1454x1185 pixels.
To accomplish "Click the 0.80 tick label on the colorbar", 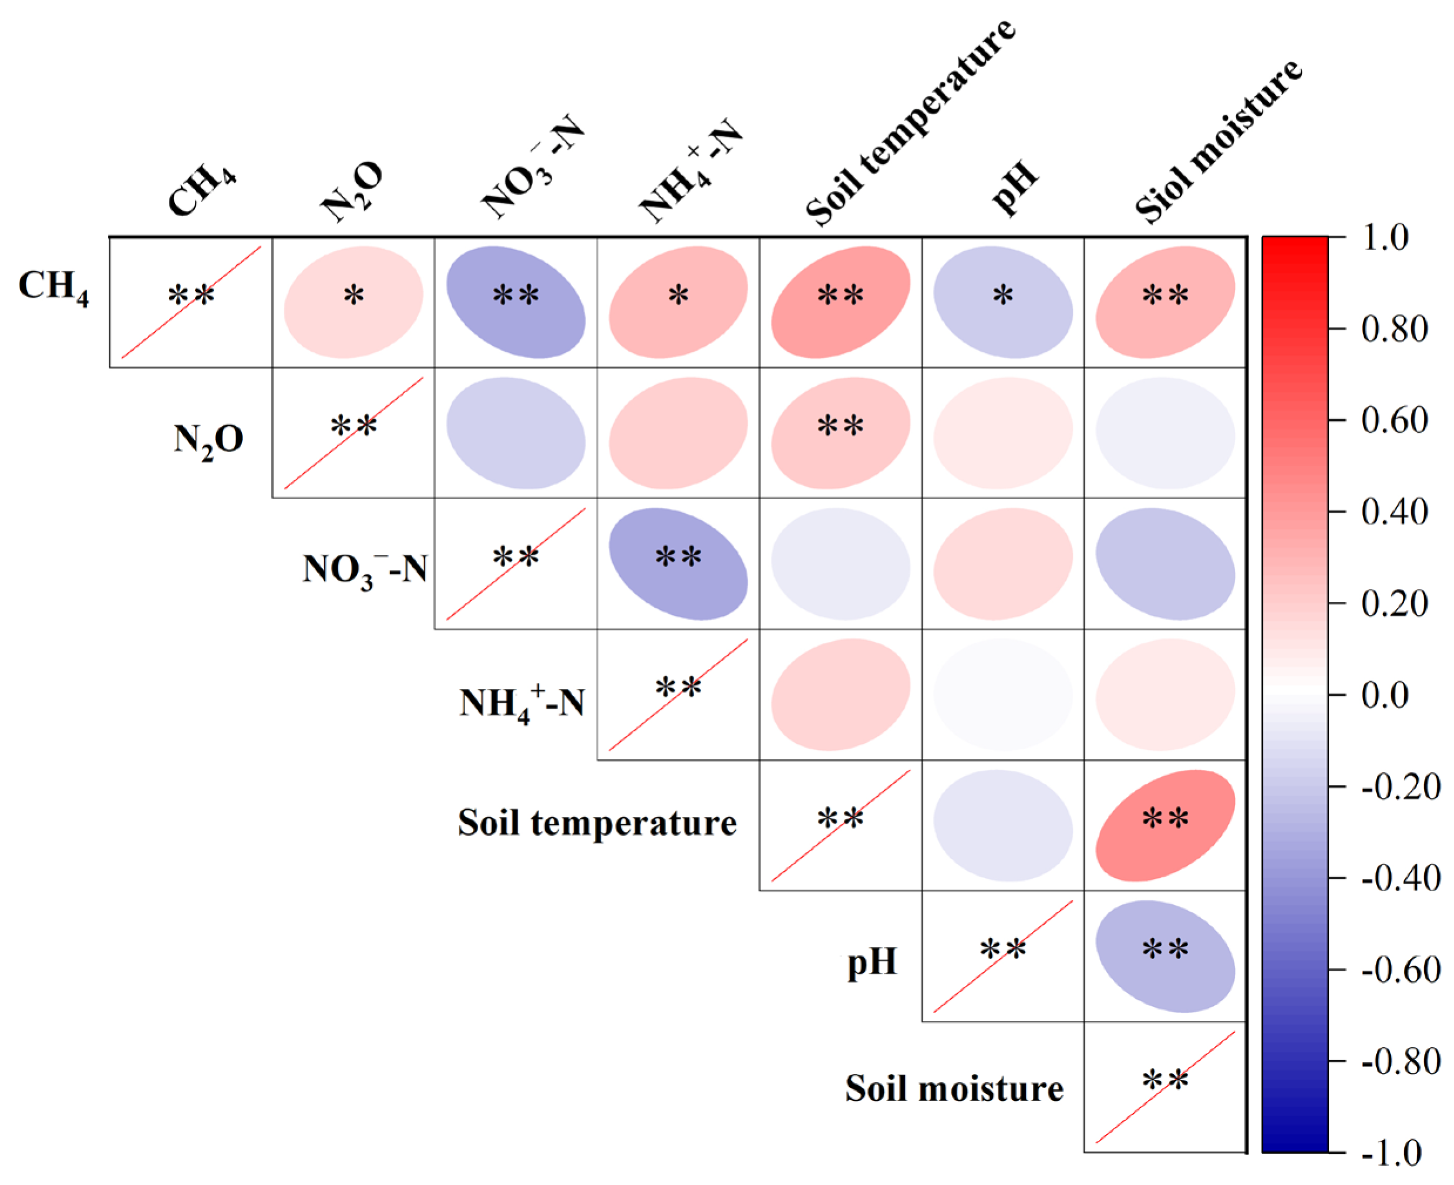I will (1394, 329).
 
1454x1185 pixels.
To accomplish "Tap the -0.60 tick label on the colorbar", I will (1400, 970).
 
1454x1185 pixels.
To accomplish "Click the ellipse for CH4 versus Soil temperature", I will (840, 302).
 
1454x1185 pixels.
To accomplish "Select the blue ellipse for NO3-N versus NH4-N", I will (678, 564).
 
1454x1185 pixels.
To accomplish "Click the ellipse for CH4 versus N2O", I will (354, 302).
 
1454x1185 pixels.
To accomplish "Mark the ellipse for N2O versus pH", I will (1003, 433).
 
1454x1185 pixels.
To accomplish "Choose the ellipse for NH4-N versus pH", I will (1003, 694).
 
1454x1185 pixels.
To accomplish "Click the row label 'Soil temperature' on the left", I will (597, 823).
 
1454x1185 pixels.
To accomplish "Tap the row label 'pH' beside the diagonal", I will (871, 962).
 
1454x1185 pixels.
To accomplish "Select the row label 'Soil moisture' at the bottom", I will (954, 1088).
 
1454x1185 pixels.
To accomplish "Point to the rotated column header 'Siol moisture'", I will (1219, 140).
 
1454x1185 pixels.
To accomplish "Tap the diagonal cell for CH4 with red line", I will (191, 302).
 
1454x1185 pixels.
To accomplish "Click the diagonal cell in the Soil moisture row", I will (1164, 1087).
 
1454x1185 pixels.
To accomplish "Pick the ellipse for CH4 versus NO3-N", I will (516, 302).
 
